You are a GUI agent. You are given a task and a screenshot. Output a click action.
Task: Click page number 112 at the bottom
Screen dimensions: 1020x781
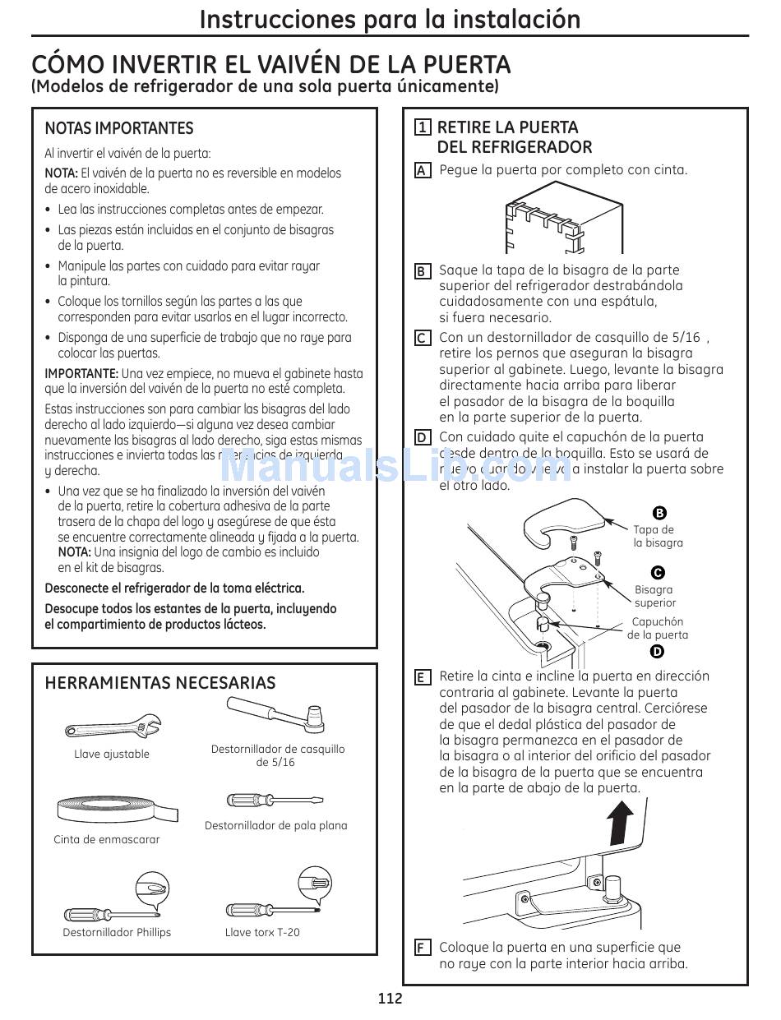pos(390,999)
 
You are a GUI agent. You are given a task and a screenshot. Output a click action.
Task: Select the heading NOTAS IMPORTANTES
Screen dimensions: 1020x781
pos(119,128)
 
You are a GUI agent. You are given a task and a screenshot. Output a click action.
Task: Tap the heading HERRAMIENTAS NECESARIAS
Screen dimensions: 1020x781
pos(160,683)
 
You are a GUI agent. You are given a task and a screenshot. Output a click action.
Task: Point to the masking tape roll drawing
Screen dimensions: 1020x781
pos(117,810)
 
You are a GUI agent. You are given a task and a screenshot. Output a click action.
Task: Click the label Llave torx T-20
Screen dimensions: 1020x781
pos(262,932)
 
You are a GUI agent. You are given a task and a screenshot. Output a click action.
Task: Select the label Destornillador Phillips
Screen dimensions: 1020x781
pos(117,932)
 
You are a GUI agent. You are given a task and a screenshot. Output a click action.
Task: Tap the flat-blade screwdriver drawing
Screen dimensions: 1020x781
pos(275,801)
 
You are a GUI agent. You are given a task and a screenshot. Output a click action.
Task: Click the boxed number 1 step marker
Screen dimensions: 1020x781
pos(422,127)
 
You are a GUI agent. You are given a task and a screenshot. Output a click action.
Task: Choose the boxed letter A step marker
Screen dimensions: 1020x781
pos(422,171)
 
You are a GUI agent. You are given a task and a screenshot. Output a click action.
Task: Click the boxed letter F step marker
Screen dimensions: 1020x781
pos(422,948)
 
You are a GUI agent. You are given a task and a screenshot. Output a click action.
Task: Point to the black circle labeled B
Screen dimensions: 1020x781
pos(659,514)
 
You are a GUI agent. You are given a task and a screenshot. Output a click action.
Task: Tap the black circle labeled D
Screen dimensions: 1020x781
pos(657,652)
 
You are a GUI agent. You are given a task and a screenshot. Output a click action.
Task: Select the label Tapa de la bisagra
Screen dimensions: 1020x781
pos(658,537)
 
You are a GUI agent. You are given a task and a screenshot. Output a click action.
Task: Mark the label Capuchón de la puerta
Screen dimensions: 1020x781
pos(658,629)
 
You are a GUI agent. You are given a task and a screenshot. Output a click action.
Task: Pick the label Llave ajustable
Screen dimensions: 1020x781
pos(112,754)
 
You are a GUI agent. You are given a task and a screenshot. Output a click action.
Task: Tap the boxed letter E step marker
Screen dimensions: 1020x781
pos(422,677)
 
